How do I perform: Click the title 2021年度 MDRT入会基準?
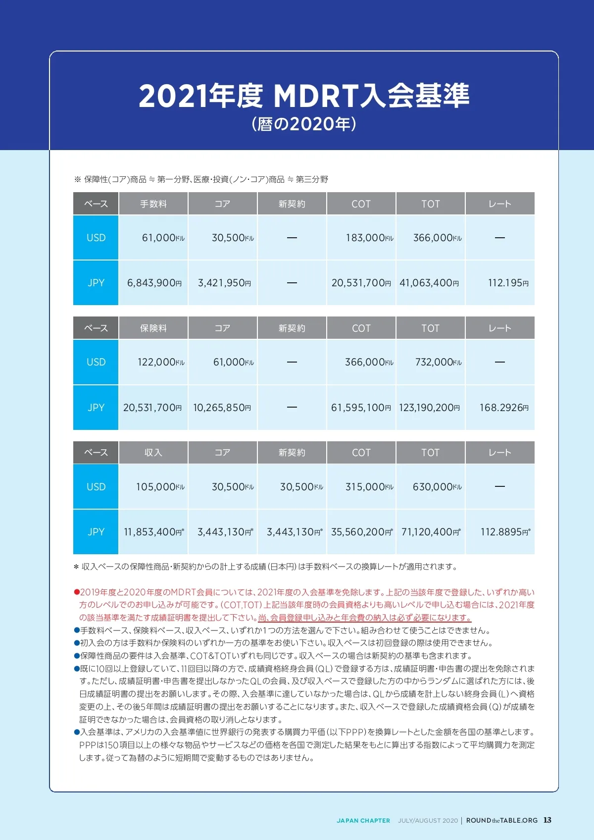tap(304, 96)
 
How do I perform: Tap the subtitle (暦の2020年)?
tap(304, 123)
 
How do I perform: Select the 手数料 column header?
tap(153, 204)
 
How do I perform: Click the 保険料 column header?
tap(153, 328)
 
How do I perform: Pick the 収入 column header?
tap(153, 452)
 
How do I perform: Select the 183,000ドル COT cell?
tap(369, 238)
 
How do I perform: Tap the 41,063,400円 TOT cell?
tap(429, 283)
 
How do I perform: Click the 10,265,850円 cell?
tap(222, 408)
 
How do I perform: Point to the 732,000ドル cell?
tap(438, 362)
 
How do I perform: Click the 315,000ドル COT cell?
tap(369, 487)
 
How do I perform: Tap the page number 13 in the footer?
tap(547, 820)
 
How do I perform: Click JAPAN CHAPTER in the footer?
tap(363, 821)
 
